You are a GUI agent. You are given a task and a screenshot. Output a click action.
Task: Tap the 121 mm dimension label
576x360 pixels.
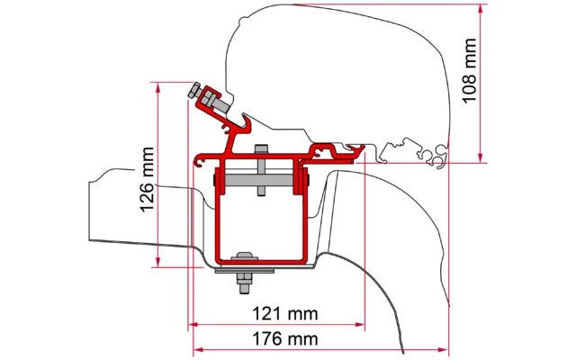[277, 314]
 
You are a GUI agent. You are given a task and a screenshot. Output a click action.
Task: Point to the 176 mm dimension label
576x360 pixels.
[277, 339]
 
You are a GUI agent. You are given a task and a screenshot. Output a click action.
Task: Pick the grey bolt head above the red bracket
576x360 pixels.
[261, 149]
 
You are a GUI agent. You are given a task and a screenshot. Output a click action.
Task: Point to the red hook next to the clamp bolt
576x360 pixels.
[240, 118]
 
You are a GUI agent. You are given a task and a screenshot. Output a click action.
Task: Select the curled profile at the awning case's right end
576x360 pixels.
[439, 158]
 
